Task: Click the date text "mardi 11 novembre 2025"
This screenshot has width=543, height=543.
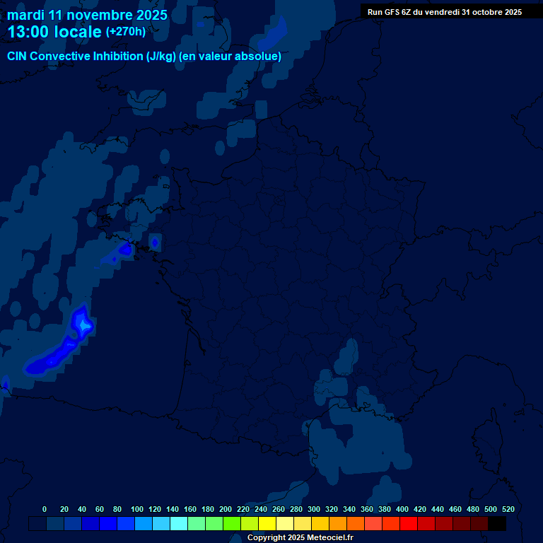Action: pos(87,15)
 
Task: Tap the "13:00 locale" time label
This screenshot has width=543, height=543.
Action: pos(54,32)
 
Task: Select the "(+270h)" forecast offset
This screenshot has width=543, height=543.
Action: pos(126,31)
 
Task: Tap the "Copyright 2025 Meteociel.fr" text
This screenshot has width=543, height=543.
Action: pos(300,537)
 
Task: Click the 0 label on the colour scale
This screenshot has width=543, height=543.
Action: pos(45,509)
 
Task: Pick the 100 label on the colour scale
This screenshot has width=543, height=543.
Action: pos(137,509)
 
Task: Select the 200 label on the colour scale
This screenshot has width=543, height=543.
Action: pos(226,509)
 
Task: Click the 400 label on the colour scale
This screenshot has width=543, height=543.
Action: pos(402,509)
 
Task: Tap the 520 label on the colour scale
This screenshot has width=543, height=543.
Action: pos(508,509)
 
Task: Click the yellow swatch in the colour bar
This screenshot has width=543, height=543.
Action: pos(267,524)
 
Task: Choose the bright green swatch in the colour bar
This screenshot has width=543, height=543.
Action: pos(232,524)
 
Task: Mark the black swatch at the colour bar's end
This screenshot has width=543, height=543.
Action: pos(497,524)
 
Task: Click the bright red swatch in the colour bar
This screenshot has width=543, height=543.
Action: pos(409,524)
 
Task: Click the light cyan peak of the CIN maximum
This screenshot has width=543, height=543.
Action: pos(84,325)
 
